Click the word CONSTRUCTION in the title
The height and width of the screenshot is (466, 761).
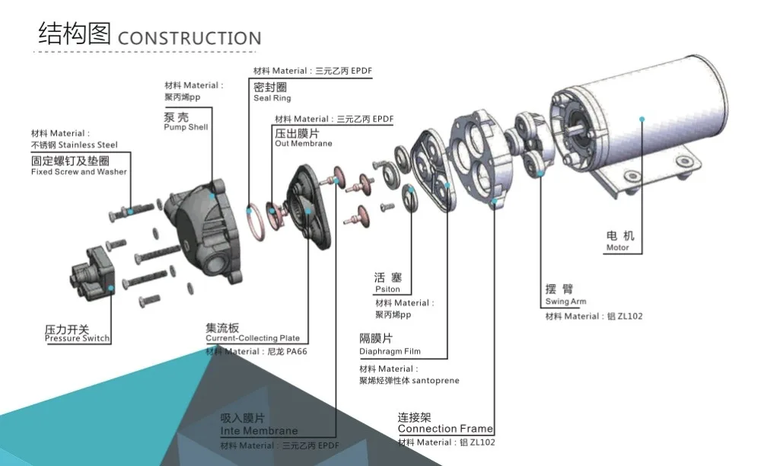tap(189, 38)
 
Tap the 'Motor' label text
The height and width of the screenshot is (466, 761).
tap(617, 247)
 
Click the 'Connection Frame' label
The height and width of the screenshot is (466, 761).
tap(445, 429)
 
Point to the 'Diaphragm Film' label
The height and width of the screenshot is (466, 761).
tap(390, 352)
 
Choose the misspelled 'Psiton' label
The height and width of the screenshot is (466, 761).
tap(387, 289)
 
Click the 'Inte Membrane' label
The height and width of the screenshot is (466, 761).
tap(259, 431)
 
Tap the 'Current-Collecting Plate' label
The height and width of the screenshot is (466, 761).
tap(253, 338)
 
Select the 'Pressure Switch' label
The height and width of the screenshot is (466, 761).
tap(77, 338)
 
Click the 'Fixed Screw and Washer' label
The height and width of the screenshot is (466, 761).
tap(79, 171)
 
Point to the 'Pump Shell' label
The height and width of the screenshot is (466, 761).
tap(186, 127)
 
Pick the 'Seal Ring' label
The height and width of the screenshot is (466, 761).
tap(272, 98)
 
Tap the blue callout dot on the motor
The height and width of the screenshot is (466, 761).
tap(643, 119)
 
